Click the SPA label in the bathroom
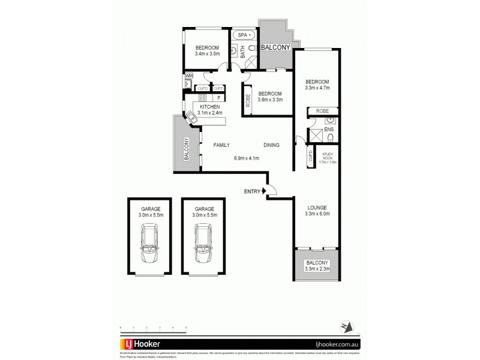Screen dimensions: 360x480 tap(242, 35)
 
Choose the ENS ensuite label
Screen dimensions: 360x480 tap(328, 130)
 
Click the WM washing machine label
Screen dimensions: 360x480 tap(188, 76)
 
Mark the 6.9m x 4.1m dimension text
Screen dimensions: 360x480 tap(246, 158)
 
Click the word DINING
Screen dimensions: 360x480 tap(272, 145)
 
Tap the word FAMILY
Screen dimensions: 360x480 tap(221, 145)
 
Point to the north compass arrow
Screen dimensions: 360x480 tap(344, 325)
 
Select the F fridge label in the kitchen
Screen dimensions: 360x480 tap(218, 97)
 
